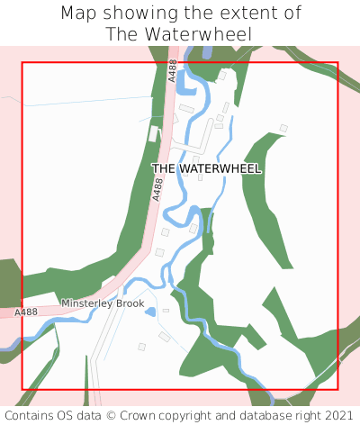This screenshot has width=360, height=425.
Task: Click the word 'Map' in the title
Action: click(x=79, y=14)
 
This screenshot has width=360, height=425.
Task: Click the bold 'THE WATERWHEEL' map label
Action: click(x=206, y=168)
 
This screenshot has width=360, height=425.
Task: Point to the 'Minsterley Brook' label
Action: click(x=103, y=304)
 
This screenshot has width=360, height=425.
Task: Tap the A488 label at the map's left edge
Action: click(x=26, y=312)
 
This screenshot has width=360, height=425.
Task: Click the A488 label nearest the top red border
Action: click(x=173, y=70)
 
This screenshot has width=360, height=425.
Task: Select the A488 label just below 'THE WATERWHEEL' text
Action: click(x=158, y=188)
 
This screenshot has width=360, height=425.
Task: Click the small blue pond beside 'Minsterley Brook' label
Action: click(x=150, y=312)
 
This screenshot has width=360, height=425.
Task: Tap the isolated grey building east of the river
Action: click(x=283, y=129)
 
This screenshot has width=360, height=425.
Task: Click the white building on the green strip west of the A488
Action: click(x=153, y=133)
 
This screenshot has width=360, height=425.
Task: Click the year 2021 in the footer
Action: click(x=338, y=415)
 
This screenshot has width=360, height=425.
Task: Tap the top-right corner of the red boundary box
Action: click(x=337, y=62)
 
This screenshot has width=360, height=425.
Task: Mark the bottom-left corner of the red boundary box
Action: click(x=22, y=390)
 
